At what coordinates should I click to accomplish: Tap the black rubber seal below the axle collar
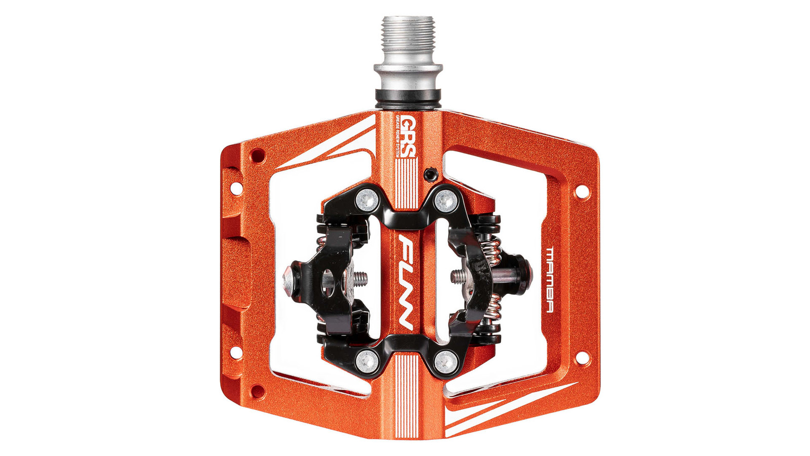[x=408, y=97]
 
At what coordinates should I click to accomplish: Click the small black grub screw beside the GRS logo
[x=430, y=174]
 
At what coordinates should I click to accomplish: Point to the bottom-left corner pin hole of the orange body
[x=258, y=391]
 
